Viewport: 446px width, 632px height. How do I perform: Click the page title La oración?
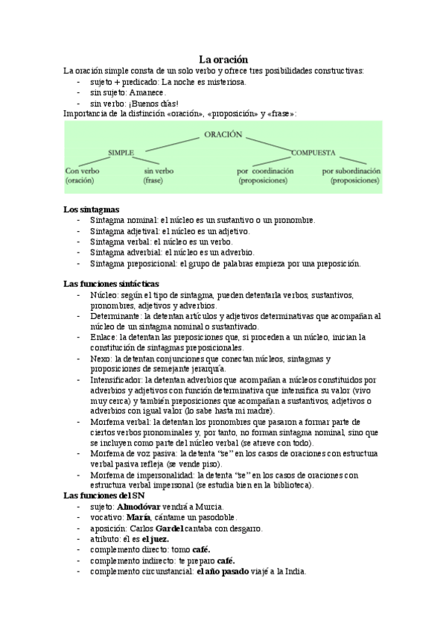tap(223, 58)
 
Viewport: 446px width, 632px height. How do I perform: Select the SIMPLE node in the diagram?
tap(121, 152)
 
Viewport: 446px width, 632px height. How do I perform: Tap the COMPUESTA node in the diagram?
tap(313, 152)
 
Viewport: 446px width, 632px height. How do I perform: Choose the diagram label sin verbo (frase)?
tap(159, 175)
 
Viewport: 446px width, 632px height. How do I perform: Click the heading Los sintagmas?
tap(91, 209)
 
